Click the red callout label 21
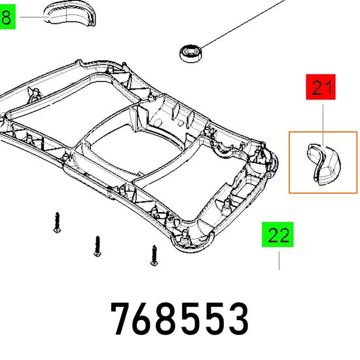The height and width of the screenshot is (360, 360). pos(321,87)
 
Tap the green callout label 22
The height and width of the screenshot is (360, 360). pos(278,234)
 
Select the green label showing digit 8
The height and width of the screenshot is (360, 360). pos(7,17)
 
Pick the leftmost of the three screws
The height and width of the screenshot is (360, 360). pos(57,223)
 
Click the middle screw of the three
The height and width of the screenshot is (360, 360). pos(98,246)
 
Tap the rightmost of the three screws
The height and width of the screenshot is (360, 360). pos(154,255)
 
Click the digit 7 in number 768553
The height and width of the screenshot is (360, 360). pos(122,319)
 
